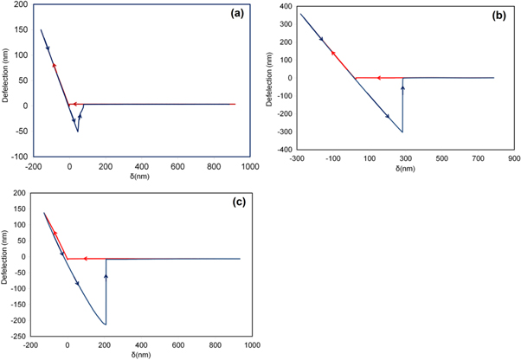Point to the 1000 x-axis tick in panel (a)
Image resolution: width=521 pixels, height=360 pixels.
pos(250,165)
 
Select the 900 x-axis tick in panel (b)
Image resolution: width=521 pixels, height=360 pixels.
pos(513,158)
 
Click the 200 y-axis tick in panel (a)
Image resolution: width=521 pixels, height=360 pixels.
pos(22,5)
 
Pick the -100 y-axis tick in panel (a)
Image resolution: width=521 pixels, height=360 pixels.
pos(19,157)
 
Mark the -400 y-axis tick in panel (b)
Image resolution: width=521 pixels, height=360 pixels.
pos(284,149)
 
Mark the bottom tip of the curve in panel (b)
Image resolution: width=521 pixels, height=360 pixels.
pos(402,132)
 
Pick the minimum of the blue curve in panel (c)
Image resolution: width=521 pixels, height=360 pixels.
pos(106,325)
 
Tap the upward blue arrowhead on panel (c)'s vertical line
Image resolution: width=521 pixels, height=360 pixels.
pos(106,276)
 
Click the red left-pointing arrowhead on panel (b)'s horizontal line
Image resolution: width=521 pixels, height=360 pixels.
pos(356,78)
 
